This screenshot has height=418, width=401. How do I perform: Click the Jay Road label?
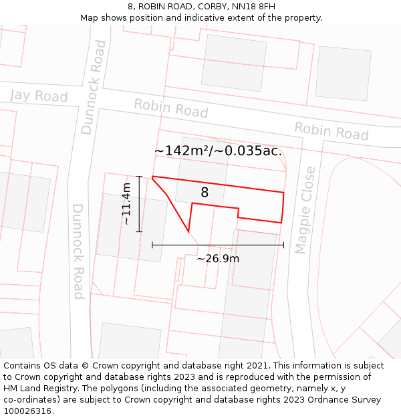[x=39, y=96]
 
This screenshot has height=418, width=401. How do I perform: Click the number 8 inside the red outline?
[x=205, y=193]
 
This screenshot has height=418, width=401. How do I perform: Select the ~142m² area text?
[x=181, y=151]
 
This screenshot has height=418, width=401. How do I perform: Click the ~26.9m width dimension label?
[x=218, y=259]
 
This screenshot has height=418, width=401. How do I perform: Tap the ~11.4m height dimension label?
[x=126, y=203]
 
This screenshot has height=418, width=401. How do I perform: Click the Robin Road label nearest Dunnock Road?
[x=170, y=108]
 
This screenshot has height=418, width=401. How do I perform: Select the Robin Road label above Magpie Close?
[x=331, y=130]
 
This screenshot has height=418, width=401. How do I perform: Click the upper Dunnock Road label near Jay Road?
[x=94, y=88]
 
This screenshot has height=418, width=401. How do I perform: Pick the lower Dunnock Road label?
[x=78, y=251]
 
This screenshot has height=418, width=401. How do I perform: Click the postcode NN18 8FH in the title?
[x=256, y=7]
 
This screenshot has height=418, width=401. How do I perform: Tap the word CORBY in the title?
[x=203, y=7]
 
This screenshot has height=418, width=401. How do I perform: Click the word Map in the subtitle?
[x=90, y=18]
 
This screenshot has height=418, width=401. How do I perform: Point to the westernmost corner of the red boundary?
[x=152, y=177]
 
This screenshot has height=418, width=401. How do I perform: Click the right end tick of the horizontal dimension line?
[x=283, y=245]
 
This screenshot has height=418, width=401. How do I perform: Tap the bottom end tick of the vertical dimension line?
[x=139, y=231]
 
